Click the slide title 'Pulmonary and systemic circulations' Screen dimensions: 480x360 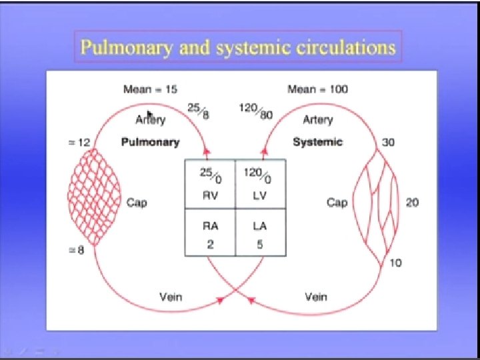click(x=237, y=47)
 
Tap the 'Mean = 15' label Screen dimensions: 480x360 click(x=150, y=89)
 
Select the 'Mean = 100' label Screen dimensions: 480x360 click(x=317, y=89)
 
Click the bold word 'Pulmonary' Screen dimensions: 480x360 click(x=151, y=142)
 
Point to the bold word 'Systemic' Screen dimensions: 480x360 click(x=317, y=142)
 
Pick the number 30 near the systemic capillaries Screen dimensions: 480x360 click(x=389, y=143)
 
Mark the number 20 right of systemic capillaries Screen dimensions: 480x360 click(x=412, y=203)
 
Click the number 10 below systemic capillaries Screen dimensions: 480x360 click(x=395, y=263)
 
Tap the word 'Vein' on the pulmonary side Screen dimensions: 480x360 click(x=171, y=296)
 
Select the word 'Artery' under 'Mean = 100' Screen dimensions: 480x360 click(x=318, y=120)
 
